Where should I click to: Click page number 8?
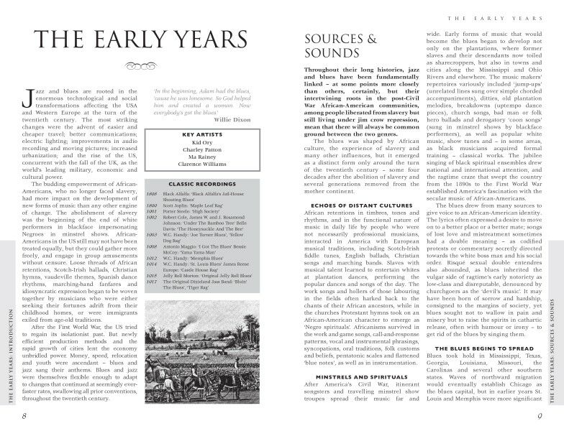(24, 417)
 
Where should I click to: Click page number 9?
(540, 417)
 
